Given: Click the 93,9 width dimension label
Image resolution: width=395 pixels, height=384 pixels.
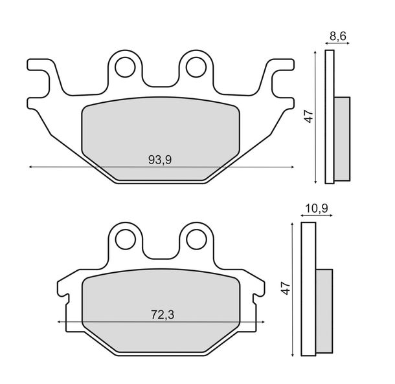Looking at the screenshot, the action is (160, 160).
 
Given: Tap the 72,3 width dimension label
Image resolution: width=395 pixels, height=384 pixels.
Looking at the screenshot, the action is (163, 315).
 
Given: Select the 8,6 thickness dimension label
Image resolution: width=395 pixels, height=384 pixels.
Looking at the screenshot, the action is (338, 36).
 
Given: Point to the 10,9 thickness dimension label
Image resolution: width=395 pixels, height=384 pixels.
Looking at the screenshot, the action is (317, 208).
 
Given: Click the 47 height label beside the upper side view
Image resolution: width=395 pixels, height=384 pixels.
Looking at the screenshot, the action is (309, 116).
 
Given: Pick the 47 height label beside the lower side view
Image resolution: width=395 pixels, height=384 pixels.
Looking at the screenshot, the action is (286, 288).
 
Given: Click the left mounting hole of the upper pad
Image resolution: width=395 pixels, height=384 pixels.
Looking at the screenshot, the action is (125, 67).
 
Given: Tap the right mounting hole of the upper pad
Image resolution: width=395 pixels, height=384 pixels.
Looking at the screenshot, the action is (196, 67).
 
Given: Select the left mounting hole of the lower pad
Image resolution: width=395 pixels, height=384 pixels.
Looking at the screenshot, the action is (126, 239).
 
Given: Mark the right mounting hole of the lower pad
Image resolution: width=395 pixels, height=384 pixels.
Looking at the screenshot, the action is (196, 239).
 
